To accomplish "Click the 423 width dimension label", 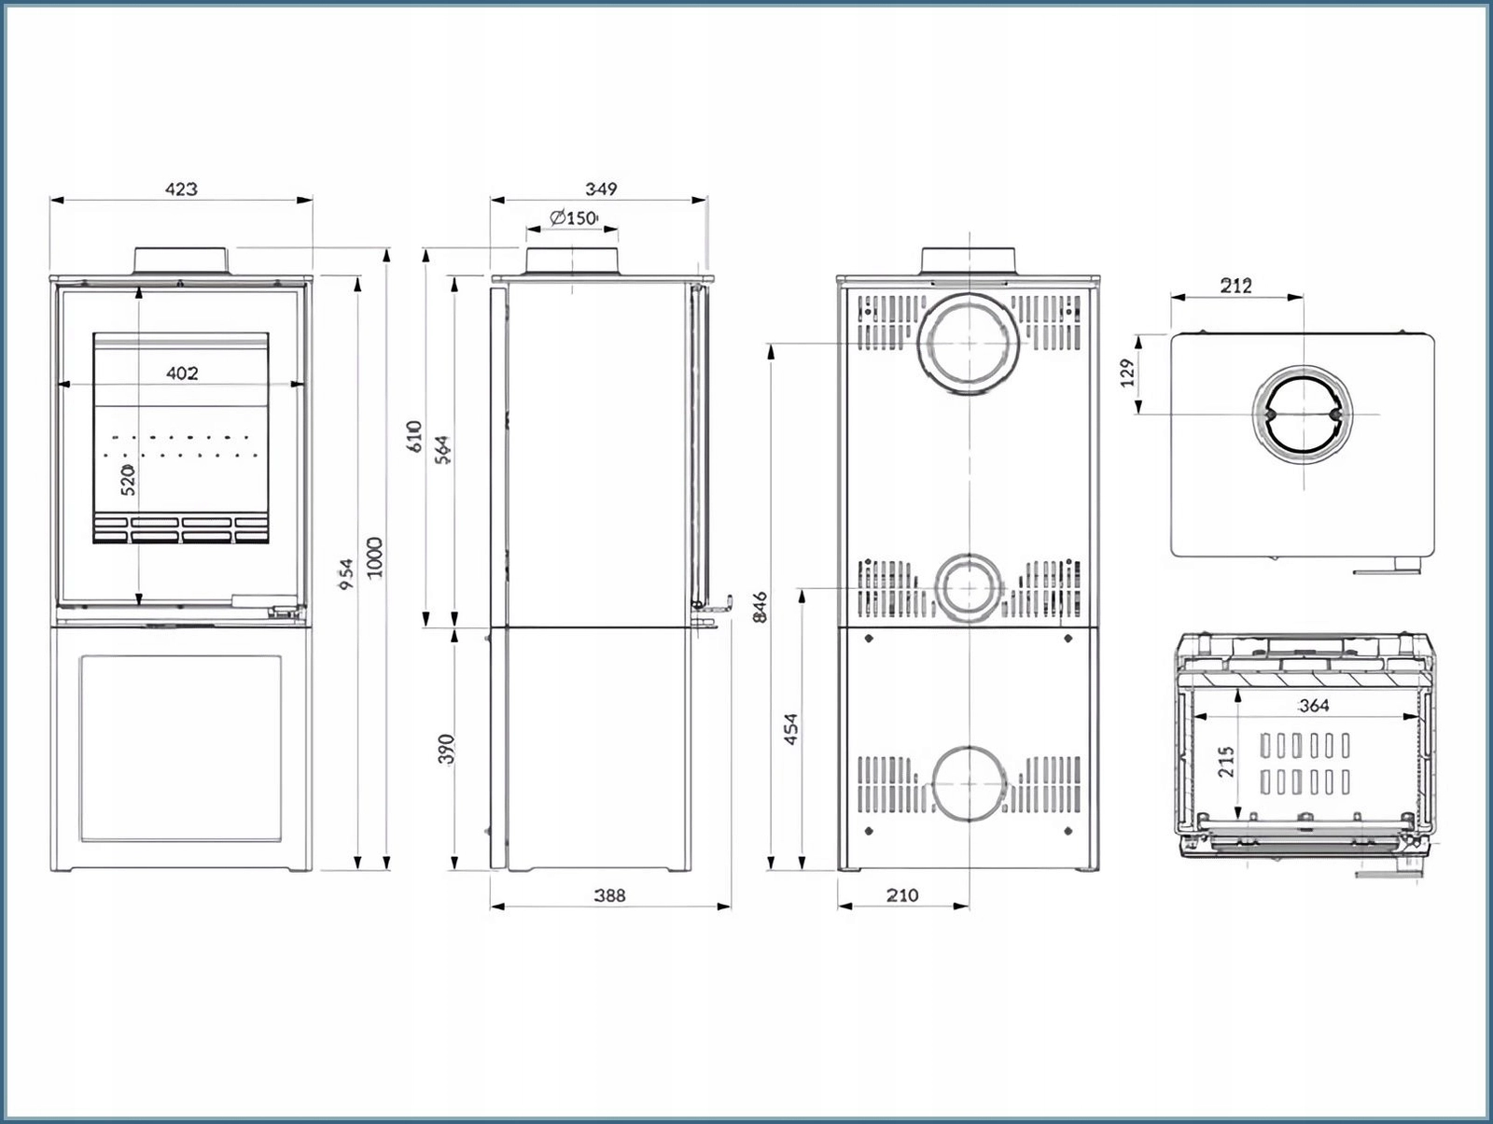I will [181, 189].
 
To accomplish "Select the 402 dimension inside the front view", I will [182, 373].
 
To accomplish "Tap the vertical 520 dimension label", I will [129, 478].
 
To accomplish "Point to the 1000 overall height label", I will [375, 557].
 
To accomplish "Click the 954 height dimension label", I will [346, 573].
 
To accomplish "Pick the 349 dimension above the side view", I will [601, 189].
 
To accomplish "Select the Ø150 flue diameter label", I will [573, 218].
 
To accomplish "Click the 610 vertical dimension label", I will [415, 436].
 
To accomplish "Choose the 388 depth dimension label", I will [609, 895].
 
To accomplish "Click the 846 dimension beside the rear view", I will [760, 607].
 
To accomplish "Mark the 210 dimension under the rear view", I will [901, 895].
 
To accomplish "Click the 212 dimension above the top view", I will [1235, 286].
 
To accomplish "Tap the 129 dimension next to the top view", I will [1127, 372].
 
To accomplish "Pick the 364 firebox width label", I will [1313, 706].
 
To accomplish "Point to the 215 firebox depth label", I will [1226, 761].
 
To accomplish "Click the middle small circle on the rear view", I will [969, 588].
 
